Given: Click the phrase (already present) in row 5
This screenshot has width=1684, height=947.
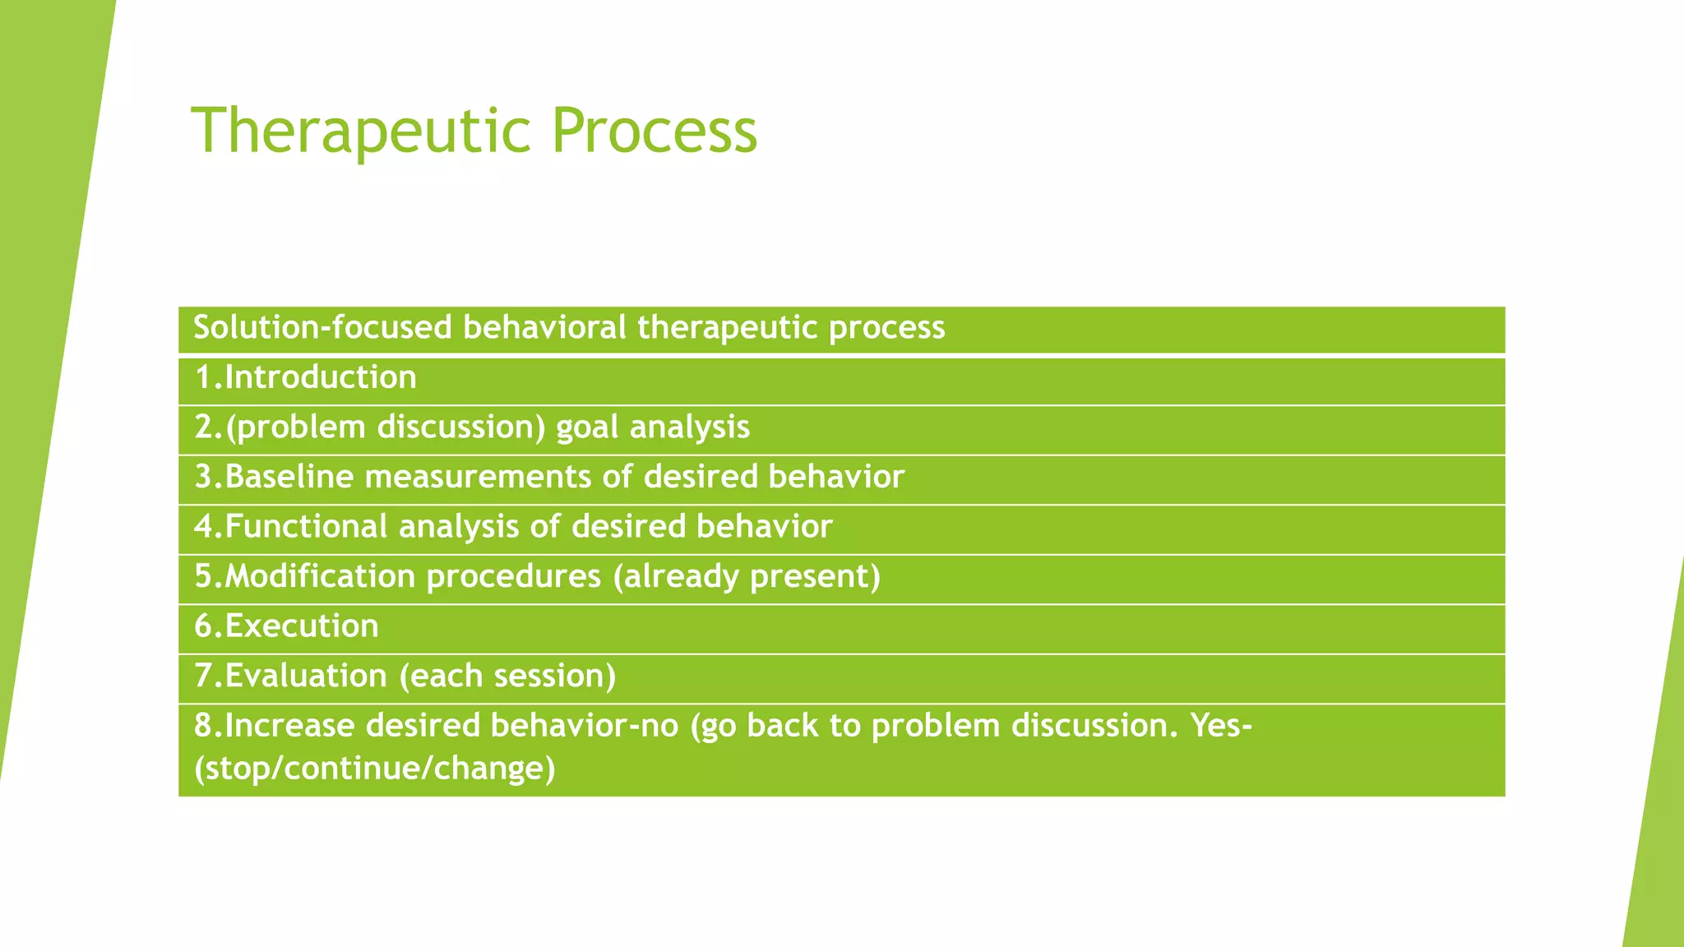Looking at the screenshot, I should point(747,577).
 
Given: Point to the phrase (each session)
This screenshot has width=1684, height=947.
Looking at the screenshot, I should point(507,677).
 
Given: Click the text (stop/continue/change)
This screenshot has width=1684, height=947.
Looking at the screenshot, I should point(375,769).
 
